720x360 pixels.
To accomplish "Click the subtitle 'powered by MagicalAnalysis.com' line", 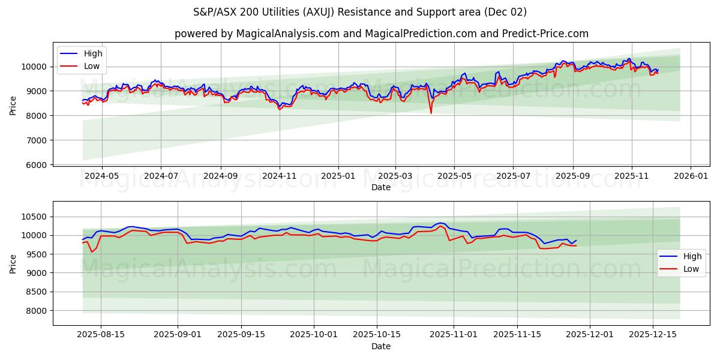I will click(x=382, y=34).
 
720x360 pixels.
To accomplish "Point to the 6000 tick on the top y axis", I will click(x=37, y=165).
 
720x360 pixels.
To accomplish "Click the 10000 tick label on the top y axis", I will click(x=35, y=67).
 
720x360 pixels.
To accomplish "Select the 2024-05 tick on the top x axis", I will click(x=101, y=175).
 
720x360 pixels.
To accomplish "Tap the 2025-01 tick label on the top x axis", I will click(x=338, y=175).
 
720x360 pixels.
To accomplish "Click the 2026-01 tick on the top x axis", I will click(x=691, y=175).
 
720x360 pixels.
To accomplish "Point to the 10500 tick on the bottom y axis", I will click(x=35, y=217).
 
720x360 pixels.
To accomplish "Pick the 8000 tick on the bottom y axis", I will click(x=37, y=311).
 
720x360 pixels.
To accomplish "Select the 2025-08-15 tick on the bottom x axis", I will click(x=100, y=335).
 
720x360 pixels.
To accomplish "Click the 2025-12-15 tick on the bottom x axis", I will click(x=653, y=335).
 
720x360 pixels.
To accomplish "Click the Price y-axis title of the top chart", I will click(x=13, y=106).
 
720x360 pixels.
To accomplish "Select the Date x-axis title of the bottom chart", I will click(x=381, y=346).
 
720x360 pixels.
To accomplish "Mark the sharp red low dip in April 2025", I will click(x=431, y=112).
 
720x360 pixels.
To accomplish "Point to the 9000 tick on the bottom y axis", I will click(x=37, y=273).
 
